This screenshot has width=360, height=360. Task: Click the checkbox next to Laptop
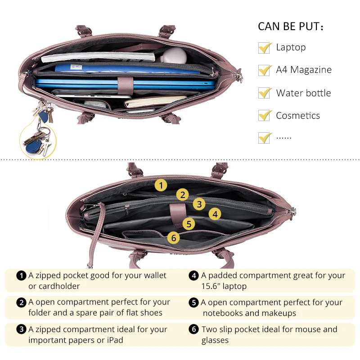tap(265, 48)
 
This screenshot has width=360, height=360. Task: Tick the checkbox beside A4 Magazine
tap(265, 70)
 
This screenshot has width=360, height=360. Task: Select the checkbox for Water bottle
tap(265, 93)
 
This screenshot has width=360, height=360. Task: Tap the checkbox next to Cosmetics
tap(265, 116)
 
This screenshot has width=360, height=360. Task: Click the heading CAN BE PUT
tap(291, 27)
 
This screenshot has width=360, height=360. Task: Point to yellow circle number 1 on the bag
tap(161, 185)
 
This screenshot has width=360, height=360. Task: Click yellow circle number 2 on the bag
tap(182, 195)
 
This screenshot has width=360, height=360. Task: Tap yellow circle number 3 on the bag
tap(199, 204)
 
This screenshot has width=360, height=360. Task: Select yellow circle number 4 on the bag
tap(216, 214)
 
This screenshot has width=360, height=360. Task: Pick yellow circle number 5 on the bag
tap(189, 223)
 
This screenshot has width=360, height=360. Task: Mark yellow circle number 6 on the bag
tap(174, 238)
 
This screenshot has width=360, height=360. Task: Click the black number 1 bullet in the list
tap(21, 275)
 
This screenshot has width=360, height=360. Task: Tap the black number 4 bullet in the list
tap(193, 275)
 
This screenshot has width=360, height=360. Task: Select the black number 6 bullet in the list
tap(193, 329)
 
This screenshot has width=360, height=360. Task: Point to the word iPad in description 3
tap(115, 340)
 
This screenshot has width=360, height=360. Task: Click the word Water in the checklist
tap(288, 93)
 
